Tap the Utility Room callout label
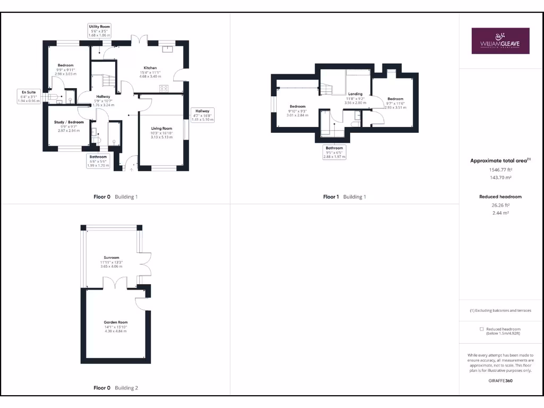(x=99, y=30)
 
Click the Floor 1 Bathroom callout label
(x=334, y=152)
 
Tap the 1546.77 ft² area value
(x=500, y=170)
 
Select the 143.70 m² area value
(x=500, y=178)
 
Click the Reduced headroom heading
(x=500, y=197)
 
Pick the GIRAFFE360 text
(x=500, y=380)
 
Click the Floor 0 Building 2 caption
(x=115, y=388)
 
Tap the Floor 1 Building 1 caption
(x=344, y=197)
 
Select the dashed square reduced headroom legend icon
(x=482, y=329)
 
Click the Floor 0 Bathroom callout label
(x=98, y=160)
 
